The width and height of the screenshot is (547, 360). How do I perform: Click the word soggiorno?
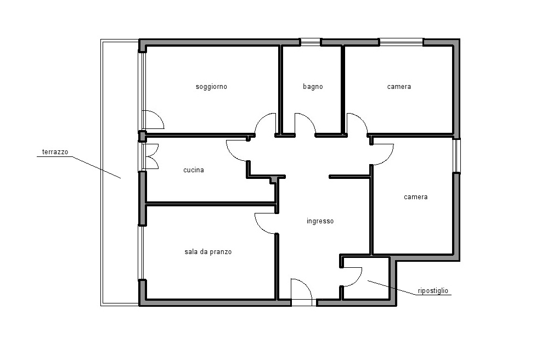pyautogui.click(x=211, y=87)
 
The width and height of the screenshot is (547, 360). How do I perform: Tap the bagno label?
pyautogui.click(x=313, y=87)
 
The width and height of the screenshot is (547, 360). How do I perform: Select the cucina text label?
pyautogui.click(x=194, y=170)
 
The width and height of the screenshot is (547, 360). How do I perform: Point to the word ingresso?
pyautogui.click(x=320, y=221)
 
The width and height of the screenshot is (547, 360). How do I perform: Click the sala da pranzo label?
pyautogui.click(x=208, y=251)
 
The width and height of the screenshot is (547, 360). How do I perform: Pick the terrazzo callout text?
pyautogui.click(x=55, y=152)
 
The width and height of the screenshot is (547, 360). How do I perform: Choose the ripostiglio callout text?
pyautogui.click(x=433, y=291)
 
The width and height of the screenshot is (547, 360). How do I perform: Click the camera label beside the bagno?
pyautogui.click(x=399, y=87)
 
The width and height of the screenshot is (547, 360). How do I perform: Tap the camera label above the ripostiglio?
pyautogui.click(x=415, y=197)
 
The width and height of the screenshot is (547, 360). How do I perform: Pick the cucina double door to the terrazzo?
pyautogui.click(x=152, y=156)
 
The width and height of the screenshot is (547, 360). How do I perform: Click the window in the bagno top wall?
pyautogui.click(x=310, y=42)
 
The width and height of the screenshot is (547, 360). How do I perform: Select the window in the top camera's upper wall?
pyautogui.click(x=401, y=42)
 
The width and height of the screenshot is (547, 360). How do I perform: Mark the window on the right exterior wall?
pyautogui.click(x=456, y=155)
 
